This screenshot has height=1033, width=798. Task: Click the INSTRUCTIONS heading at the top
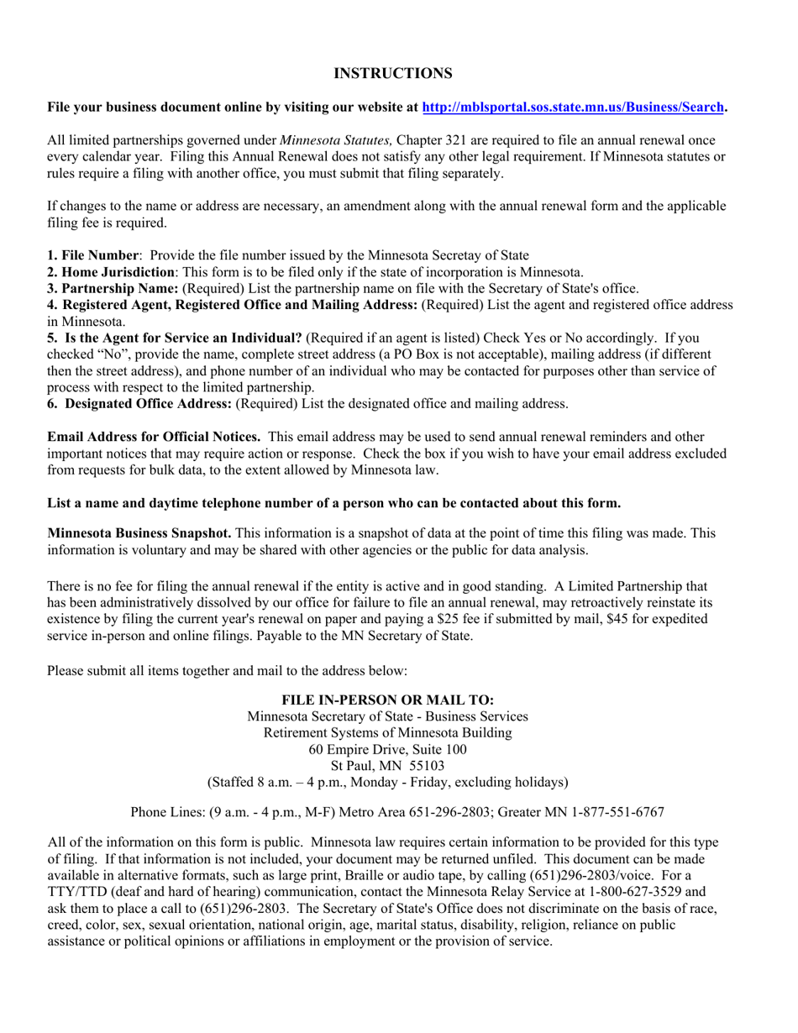pyautogui.click(x=392, y=74)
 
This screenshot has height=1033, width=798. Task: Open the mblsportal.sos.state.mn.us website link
pyautogui.click(x=573, y=107)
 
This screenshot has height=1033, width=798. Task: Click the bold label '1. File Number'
pyautogui.click(x=92, y=255)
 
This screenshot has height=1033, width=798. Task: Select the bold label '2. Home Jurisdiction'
pyautogui.click(x=111, y=272)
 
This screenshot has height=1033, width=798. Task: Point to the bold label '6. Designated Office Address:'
pyautogui.click(x=139, y=404)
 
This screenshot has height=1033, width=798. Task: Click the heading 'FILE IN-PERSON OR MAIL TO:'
pyautogui.click(x=387, y=700)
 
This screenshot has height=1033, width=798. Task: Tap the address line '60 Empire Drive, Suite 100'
pyautogui.click(x=387, y=749)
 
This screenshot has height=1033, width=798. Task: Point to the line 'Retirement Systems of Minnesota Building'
pyautogui.click(x=387, y=733)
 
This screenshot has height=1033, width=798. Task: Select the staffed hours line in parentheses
pyautogui.click(x=387, y=782)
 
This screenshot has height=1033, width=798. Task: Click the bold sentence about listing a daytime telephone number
pyautogui.click(x=333, y=504)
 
